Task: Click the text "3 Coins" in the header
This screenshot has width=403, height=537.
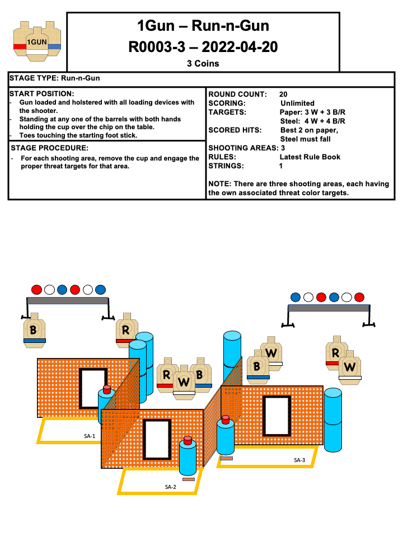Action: click(203, 64)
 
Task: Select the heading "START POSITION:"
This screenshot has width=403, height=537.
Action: click(42, 93)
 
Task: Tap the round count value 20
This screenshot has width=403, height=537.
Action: click(283, 94)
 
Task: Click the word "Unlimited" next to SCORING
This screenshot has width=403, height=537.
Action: click(297, 103)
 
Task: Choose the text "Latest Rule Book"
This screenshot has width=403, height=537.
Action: click(310, 157)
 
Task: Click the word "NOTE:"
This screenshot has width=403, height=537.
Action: click(219, 184)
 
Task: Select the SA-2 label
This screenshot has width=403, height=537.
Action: click(171, 487)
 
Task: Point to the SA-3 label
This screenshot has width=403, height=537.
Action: click(299, 460)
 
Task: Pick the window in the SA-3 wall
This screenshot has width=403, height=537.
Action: click(277, 416)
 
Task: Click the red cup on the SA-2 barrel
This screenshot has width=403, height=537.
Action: click(188, 439)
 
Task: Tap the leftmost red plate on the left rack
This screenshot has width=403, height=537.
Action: click(37, 290)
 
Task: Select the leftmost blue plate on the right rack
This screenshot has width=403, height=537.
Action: click(296, 297)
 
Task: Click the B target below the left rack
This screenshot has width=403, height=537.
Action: click(34, 330)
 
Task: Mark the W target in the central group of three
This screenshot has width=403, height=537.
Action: click(184, 382)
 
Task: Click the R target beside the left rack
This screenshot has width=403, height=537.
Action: click(126, 331)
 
